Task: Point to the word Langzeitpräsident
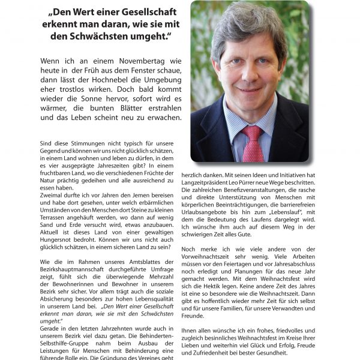point(206,181)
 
